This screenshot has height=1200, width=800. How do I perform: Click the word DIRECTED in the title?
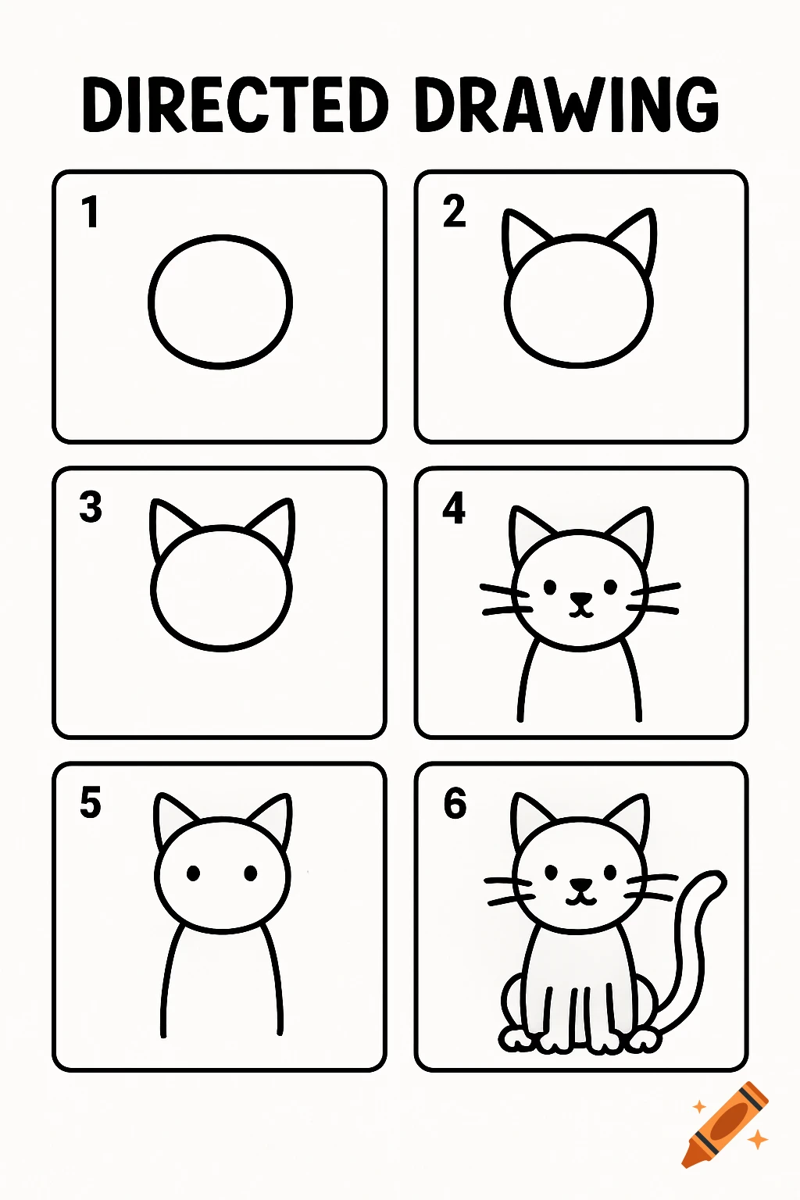[x=234, y=105]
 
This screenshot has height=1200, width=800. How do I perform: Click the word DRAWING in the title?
[x=566, y=105]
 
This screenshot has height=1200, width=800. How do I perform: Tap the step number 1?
[x=91, y=212]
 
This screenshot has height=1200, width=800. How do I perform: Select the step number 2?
[x=454, y=212]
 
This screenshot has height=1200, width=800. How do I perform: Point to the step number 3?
[x=91, y=507]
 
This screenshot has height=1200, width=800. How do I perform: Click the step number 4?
[x=454, y=508]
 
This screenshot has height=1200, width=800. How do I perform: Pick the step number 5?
[x=91, y=803]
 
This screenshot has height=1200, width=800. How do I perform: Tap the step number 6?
[x=455, y=803]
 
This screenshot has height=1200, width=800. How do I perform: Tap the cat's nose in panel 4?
[x=580, y=600]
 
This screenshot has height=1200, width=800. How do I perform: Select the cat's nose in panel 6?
[x=580, y=884]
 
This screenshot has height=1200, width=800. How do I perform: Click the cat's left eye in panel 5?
[x=193, y=873]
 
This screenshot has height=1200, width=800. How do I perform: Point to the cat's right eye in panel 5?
[x=251, y=873]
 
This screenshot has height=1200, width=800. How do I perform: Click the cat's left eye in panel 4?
[x=550, y=586]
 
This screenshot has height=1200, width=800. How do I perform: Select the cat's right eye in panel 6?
[x=609, y=870]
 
